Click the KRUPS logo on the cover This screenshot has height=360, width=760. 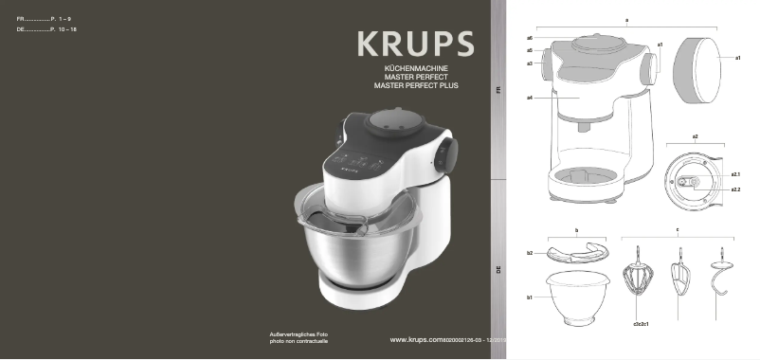[415, 44]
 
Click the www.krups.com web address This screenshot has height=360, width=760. [417, 339]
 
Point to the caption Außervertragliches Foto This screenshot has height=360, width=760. [299, 333]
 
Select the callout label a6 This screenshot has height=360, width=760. [530, 38]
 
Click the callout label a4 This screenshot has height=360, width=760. [530, 98]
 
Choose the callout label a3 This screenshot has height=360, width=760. [530, 63]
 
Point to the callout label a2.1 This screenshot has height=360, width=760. [735, 174]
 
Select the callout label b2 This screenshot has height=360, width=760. [530, 253]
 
